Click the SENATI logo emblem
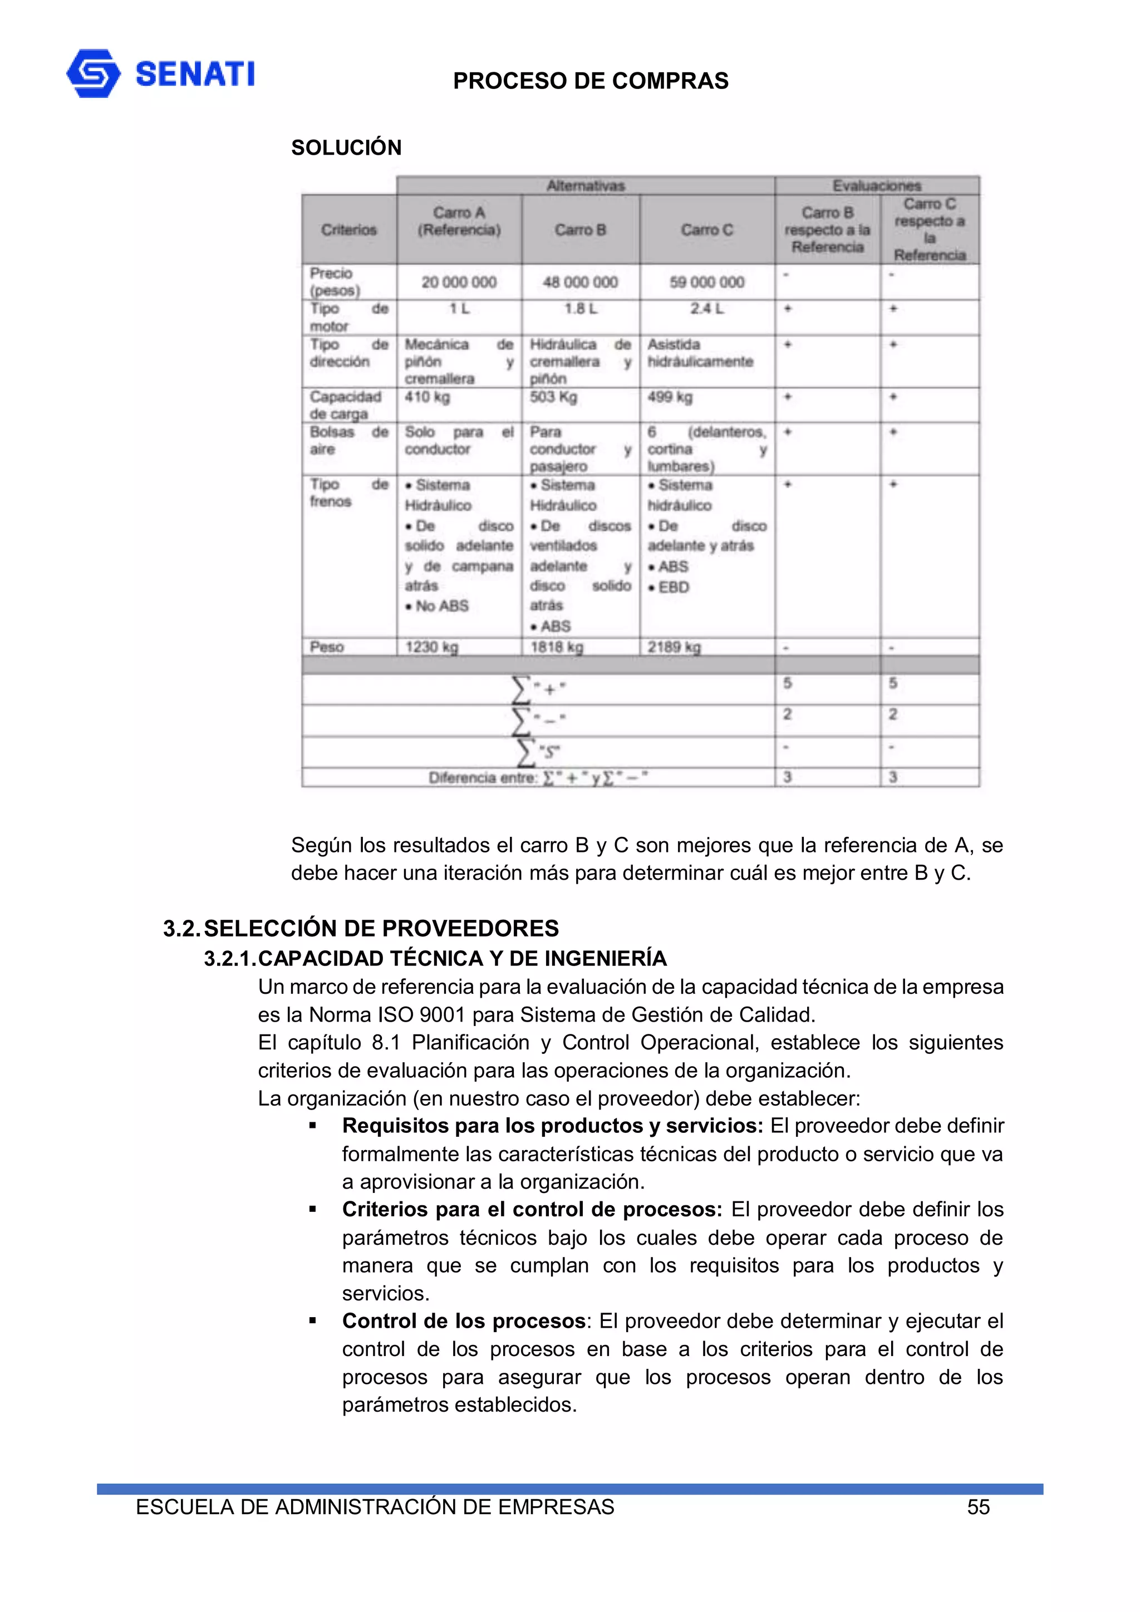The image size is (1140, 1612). [x=94, y=73]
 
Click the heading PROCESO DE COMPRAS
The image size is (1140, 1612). [x=590, y=81]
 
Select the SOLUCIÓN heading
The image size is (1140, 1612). [x=346, y=147]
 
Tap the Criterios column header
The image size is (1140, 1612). [x=348, y=230]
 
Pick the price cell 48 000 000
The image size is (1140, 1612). [x=580, y=282]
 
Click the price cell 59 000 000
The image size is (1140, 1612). [x=706, y=282]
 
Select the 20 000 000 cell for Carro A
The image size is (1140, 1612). [x=459, y=282]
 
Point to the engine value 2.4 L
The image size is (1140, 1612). [x=706, y=309]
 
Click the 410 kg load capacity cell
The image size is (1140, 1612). [x=427, y=397]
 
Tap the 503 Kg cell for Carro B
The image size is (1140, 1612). [x=553, y=397]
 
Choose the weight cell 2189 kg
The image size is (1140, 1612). [x=674, y=647]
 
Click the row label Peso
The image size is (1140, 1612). [x=327, y=647]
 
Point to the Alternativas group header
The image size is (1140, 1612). [x=585, y=186]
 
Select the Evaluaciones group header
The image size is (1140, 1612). [x=876, y=186]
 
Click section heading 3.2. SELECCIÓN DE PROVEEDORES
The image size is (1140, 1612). [x=361, y=928]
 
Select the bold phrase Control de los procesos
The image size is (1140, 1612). [x=464, y=1320]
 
